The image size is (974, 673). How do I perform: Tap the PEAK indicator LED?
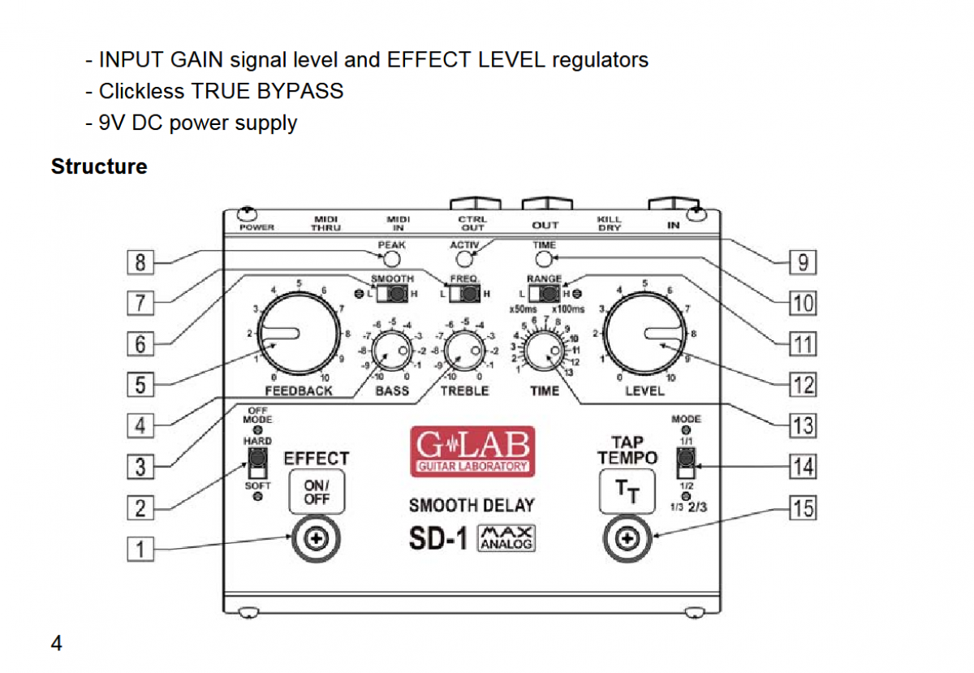pyautogui.click(x=392, y=259)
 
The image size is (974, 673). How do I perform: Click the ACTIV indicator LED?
pyautogui.click(x=464, y=259)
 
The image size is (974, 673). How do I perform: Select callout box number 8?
pyautogui.click(x=140, y=262)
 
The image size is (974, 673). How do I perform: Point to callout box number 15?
pyautogui.click(x=803, y=508)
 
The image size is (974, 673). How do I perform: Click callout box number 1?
pyautogui.click(x=140, y=550)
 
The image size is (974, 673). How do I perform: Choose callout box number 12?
pyautogui.click(x=803, y=383)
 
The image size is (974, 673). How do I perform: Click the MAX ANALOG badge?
pyautogui.click(x=506, y=538)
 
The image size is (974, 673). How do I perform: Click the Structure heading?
pyautogui.click(x=99, y=166)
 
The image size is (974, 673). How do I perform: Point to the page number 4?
pyautogui.click(x=57, y=644)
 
